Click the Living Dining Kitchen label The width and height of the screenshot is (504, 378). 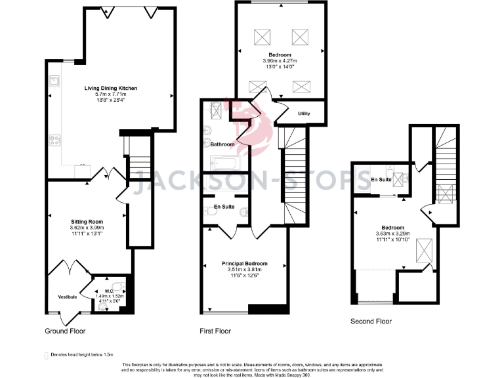(x=110, y=88)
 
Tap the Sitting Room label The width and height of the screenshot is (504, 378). (x=87, y=222)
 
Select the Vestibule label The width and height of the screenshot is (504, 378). (x=68, y=297)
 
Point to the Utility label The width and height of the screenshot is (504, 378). (x=303, y=114)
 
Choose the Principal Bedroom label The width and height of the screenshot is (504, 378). (x=243, y=263)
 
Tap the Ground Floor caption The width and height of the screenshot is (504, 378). (x=65, y=331)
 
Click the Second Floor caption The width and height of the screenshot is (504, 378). (x=371, y=322)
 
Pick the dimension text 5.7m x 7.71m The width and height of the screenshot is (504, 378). (x=110, y=95)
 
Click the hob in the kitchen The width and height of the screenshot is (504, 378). (x=55, y=140)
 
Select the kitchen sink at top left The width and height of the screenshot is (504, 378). (x=56, y=82)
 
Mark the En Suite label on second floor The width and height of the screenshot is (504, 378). (x=381, y=179)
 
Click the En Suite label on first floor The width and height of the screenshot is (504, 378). (x=224, y=207)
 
